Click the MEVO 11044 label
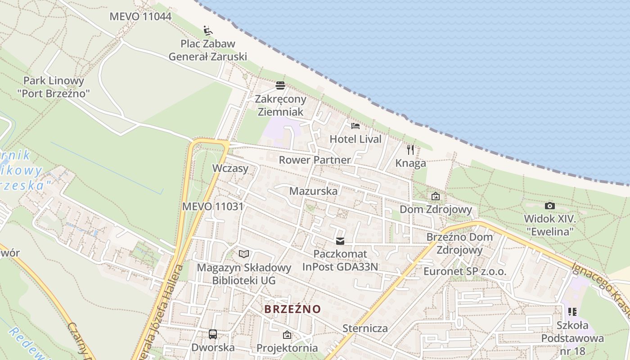140,17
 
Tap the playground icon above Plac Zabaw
208,31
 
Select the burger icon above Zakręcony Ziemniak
280,85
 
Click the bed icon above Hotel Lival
355,126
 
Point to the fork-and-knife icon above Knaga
410,150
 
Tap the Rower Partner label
315,160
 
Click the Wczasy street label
230,168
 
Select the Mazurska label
313,191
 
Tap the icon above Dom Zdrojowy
435,196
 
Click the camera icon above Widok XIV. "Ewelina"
549,206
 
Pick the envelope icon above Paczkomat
340,241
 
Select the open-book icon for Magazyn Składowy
244,254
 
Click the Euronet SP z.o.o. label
465,271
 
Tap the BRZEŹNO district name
292,309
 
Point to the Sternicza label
365,328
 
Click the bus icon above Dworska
213,334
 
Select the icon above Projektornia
287,335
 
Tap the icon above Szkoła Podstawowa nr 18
572,311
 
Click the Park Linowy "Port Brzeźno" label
54,87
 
